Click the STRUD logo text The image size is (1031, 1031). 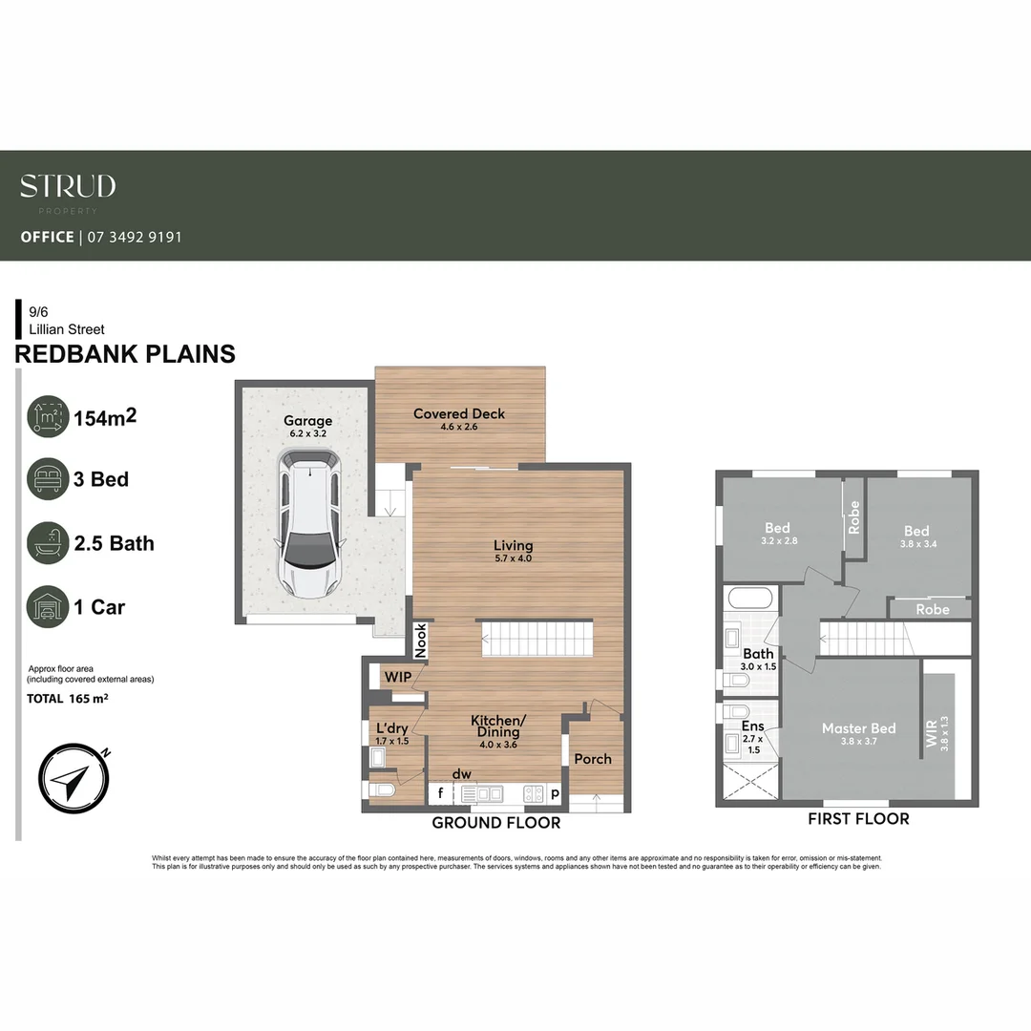[x=68, y=186]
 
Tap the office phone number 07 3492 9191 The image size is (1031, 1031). [x=135, y=237]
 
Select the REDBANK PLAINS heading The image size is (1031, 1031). [x=125, y=354]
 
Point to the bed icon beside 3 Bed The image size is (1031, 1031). [x=48, y=479]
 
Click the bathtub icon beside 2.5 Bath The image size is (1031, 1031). [x=48, y=543]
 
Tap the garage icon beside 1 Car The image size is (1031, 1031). [x=48, y=607]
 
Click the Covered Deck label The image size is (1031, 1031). [x=459, y=414]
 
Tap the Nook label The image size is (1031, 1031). [x=421, y=640]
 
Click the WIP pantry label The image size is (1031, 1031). [x=397, y=677]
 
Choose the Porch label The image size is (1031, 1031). [x=593, y=759]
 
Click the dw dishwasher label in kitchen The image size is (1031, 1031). [x=462, y=773]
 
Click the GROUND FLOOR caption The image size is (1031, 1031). [x=495, y=822]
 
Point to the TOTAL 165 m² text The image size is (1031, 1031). [x=67, y=699]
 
